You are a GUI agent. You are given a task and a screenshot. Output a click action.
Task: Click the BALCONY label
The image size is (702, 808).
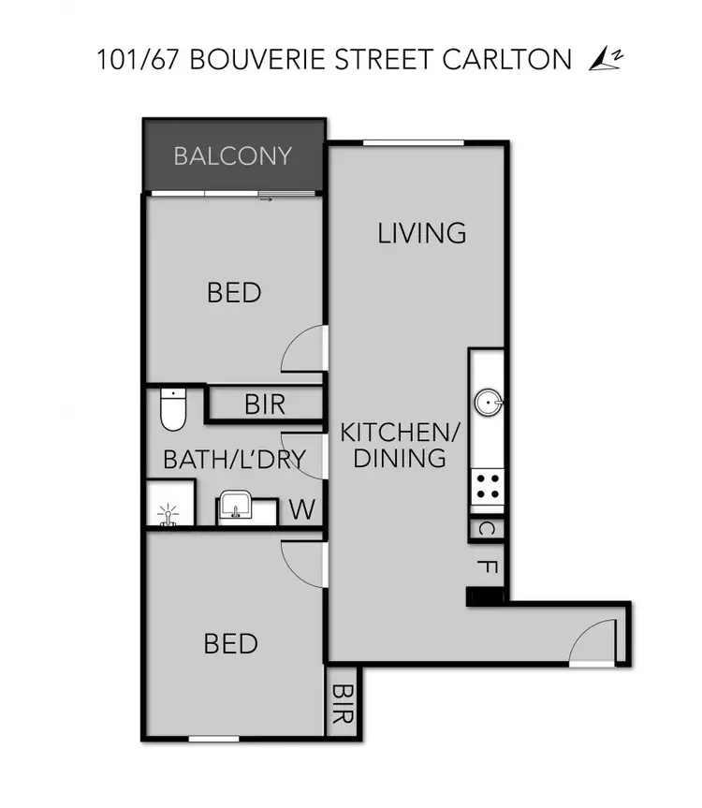click(233, 155)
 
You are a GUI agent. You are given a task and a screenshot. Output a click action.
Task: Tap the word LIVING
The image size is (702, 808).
click(422, 232)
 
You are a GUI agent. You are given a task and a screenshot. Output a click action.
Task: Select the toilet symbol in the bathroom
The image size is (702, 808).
click(173, 408)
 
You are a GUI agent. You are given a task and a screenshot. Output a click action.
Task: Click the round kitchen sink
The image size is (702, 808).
click(488, 404)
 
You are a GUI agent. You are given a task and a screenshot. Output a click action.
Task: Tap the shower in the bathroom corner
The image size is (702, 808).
click(169, 514)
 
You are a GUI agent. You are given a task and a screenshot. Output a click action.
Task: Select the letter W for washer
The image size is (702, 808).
click(301, 510)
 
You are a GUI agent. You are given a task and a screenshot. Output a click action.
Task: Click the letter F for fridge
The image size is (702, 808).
click(486, 566)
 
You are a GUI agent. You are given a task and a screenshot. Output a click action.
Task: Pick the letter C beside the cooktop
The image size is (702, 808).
click(486, 529)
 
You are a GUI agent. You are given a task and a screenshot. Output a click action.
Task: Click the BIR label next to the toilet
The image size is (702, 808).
click(265, 405)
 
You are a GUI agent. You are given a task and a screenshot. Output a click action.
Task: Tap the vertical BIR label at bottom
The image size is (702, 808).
click(343, 703)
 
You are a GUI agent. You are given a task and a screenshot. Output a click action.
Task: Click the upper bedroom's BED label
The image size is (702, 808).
click(234, 293)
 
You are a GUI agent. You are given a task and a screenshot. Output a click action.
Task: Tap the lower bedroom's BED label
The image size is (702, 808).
click(231, 644)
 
